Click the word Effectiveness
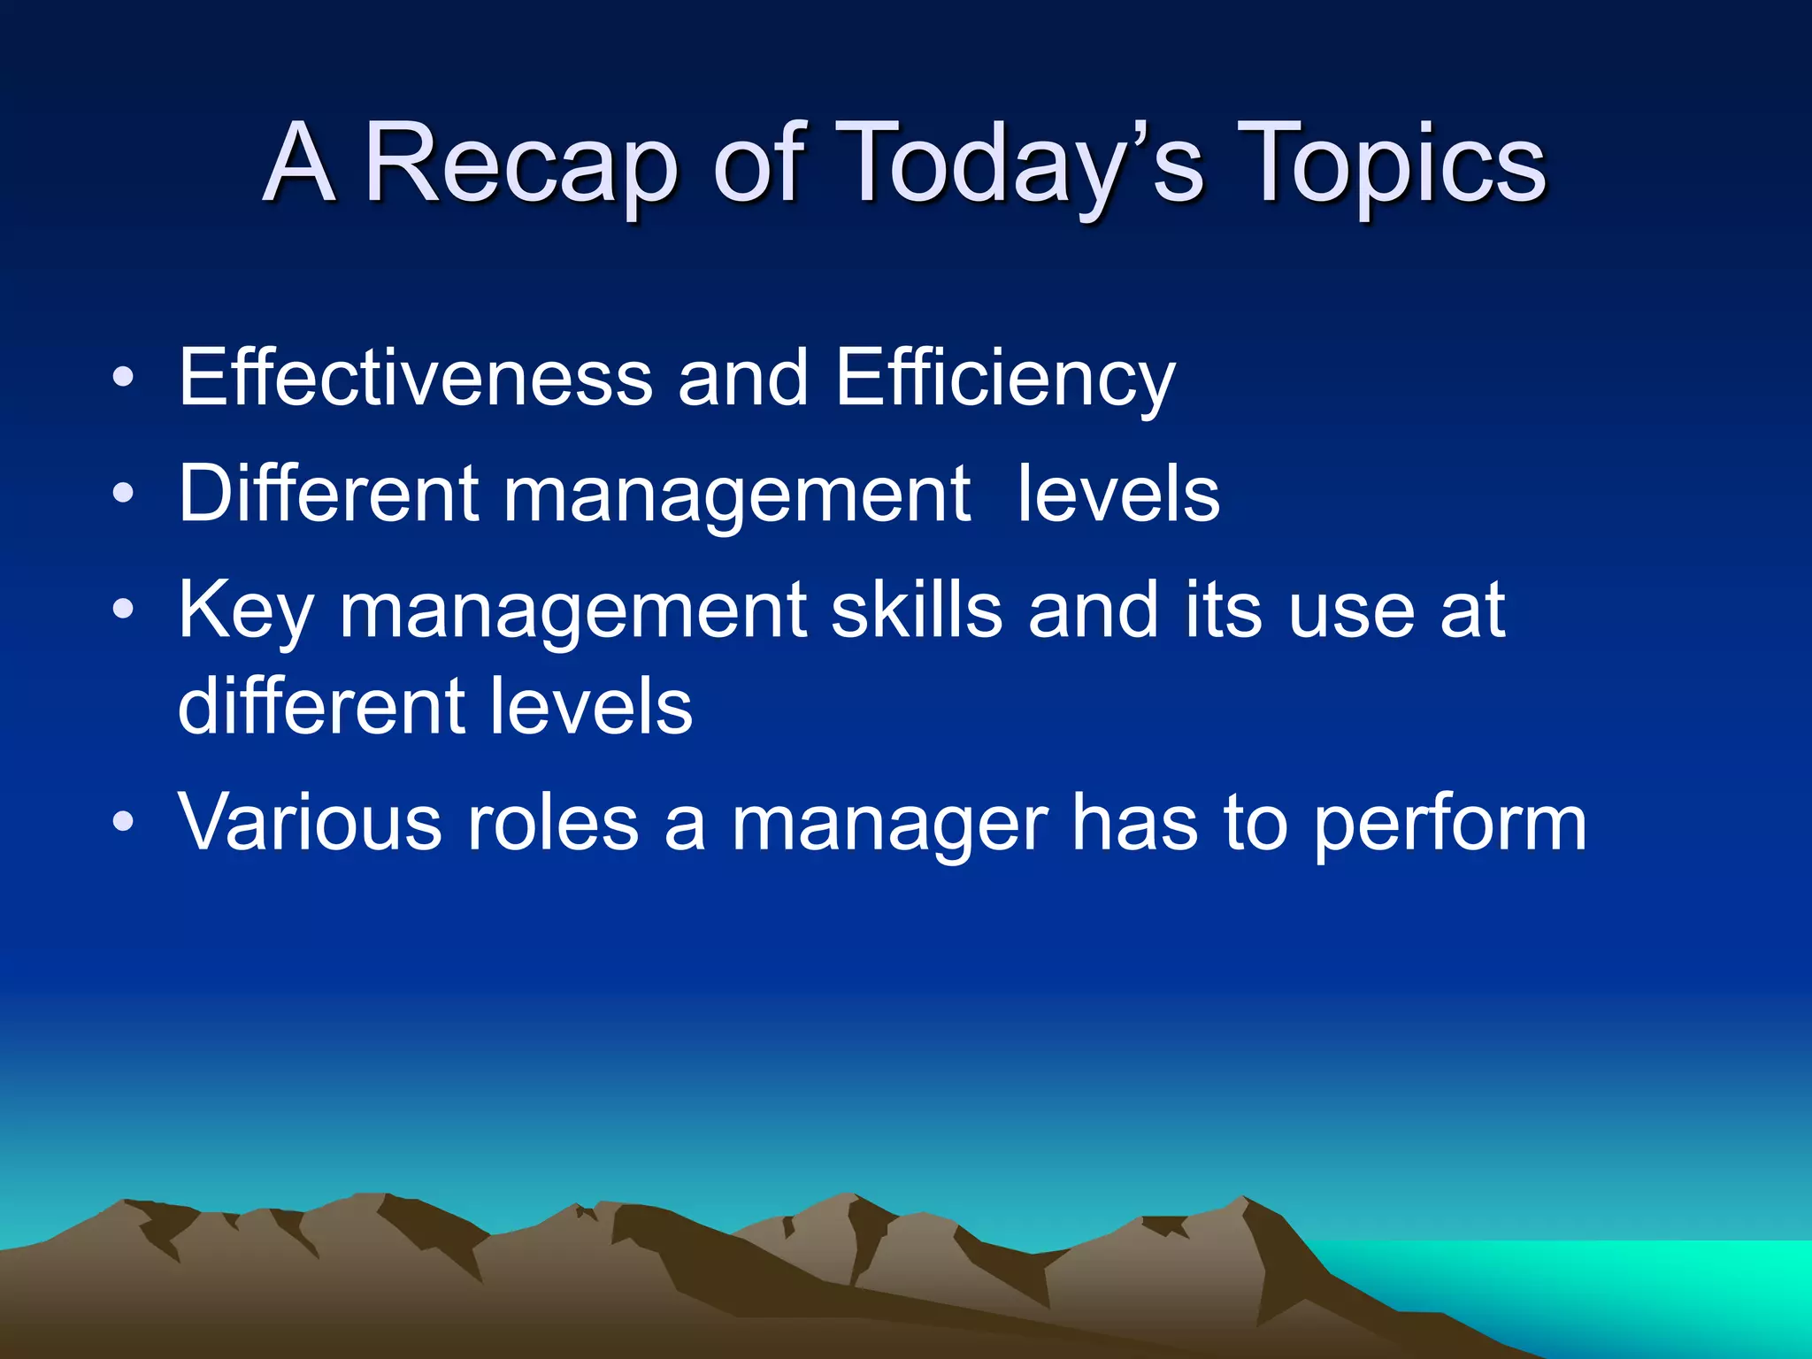tap(415, 378)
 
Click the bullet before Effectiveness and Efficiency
tap(124, 380)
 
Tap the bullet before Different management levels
tap(124, 495)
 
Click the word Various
tap(310, 823)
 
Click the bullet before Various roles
tap(124, 823)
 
